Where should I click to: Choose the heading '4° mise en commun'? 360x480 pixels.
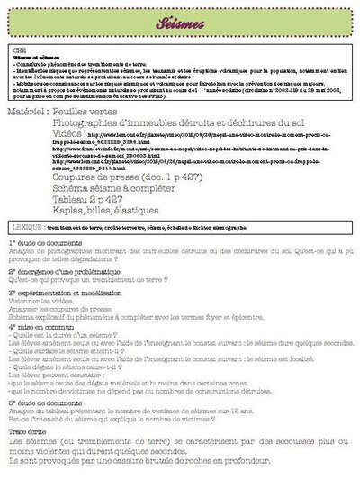coord(42,330)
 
